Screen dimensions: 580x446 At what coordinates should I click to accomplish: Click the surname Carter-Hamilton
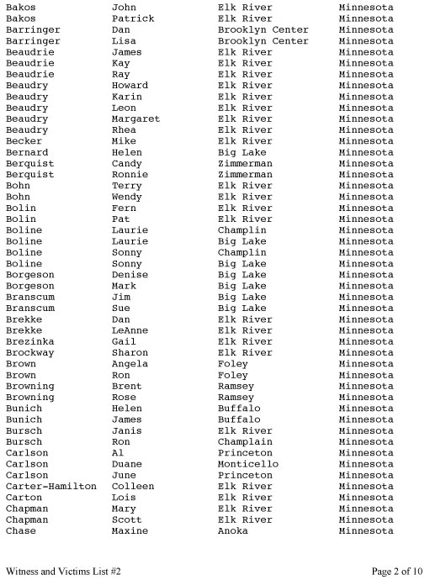pos(50,487)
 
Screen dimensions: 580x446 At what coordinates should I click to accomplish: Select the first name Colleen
pos(133,487)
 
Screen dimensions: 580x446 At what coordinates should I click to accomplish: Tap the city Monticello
pos(248,464)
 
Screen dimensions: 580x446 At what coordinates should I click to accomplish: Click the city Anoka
pos(233,531)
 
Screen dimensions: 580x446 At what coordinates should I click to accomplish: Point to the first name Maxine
pos(130,531)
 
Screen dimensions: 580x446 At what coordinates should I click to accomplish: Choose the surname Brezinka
pos(29,342)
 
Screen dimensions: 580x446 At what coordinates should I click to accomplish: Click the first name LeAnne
pos(130,330)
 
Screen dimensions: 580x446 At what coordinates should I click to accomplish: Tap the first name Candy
pos(127,163)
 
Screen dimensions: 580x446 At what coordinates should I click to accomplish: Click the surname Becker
pos(24,141)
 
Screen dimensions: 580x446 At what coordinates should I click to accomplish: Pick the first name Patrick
pos(133,18)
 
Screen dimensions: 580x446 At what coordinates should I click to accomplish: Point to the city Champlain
pos(245,442)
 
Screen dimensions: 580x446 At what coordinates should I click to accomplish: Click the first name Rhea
pos(124,130)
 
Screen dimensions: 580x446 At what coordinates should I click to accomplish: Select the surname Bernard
pos(27,152)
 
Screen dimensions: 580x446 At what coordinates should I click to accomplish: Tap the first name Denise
pos(130,275)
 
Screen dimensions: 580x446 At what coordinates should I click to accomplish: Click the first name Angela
pos(130,364)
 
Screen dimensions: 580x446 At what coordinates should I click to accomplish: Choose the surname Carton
pos(24,498)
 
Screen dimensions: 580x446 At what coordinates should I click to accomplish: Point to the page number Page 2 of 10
pos(397,572)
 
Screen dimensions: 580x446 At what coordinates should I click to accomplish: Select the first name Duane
pos(127,464)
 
